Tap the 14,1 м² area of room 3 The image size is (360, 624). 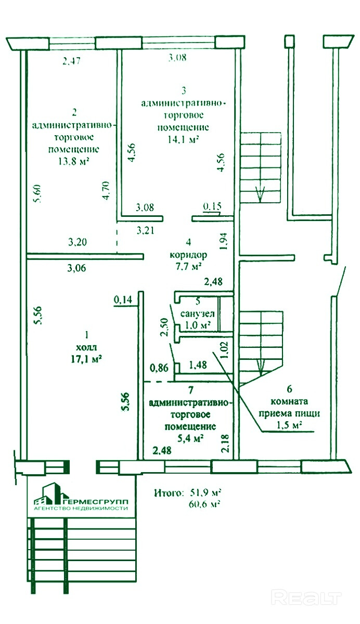coord(183,139)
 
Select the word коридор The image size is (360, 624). coord(188,255)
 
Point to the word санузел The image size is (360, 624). coord(198,314)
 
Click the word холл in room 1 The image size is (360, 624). coord(86,347)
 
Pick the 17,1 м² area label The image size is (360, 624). coord(86,359)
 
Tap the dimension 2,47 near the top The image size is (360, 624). coord(72,61)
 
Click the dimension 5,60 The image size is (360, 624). coord(37,193)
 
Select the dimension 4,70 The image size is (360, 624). coord(106,190)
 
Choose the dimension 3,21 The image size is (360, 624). coord(146,230)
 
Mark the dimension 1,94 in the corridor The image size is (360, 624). coord(223,241)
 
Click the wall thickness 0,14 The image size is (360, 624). coord(123,300)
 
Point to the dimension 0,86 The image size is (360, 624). coord(159,368)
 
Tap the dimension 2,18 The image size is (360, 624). coord(225,443)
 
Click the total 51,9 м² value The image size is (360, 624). coord(205,493)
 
